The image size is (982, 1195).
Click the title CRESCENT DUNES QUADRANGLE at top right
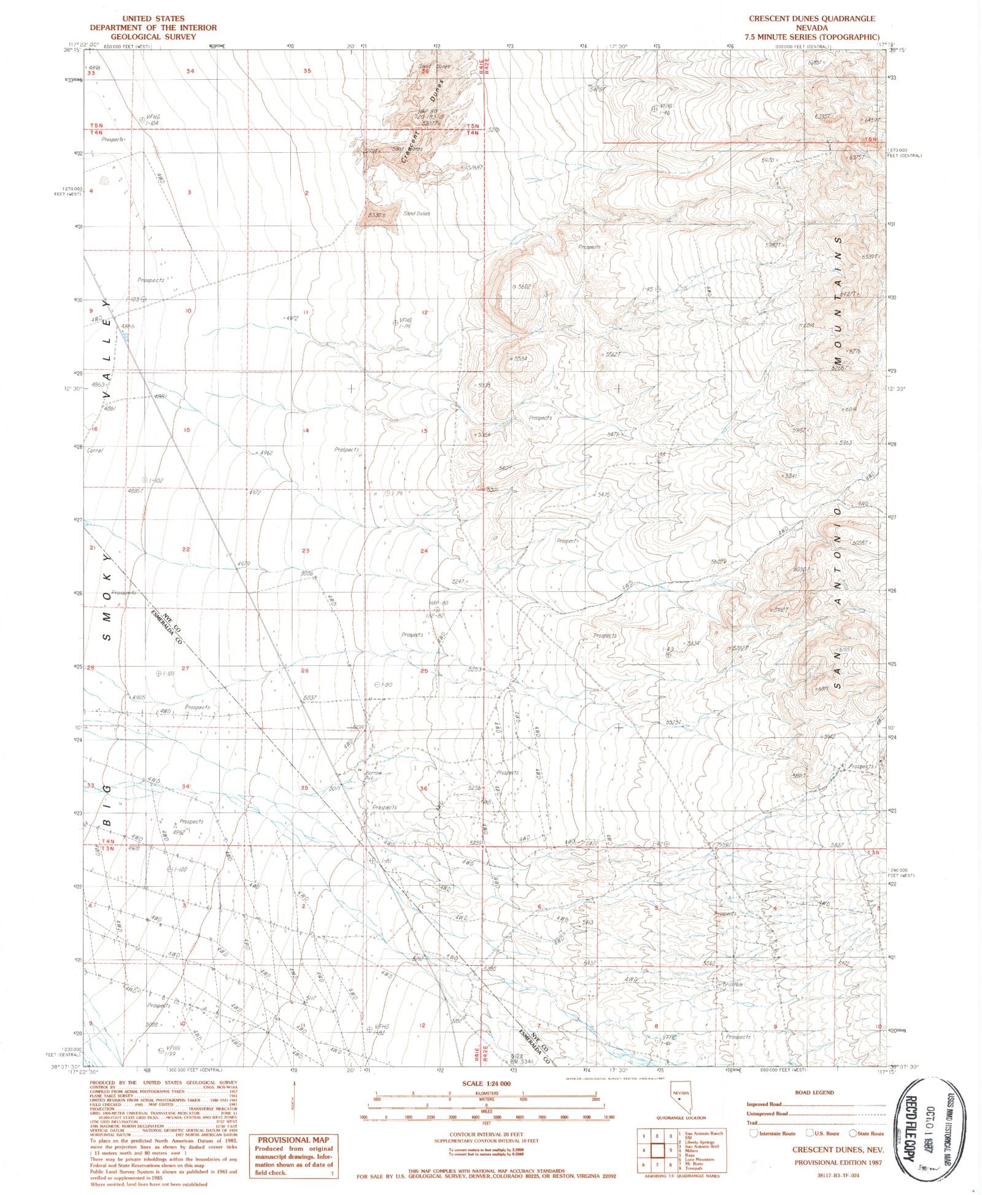click(812, 18)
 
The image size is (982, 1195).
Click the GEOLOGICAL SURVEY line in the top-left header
click(153, 37)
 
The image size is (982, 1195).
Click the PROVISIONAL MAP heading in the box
click(293, 1140)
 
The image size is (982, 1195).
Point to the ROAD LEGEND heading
click(814, 1093)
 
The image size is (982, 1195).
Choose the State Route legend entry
click(867, 1134)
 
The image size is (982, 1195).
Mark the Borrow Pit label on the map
click(373, 775)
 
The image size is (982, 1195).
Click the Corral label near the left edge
click(95, 451)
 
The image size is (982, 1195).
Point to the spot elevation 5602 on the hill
click(524, 287)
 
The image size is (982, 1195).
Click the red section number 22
click(186, 549)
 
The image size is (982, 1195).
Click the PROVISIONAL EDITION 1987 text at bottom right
click(839, 1162)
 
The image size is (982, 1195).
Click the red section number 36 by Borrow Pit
click(423, 789)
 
